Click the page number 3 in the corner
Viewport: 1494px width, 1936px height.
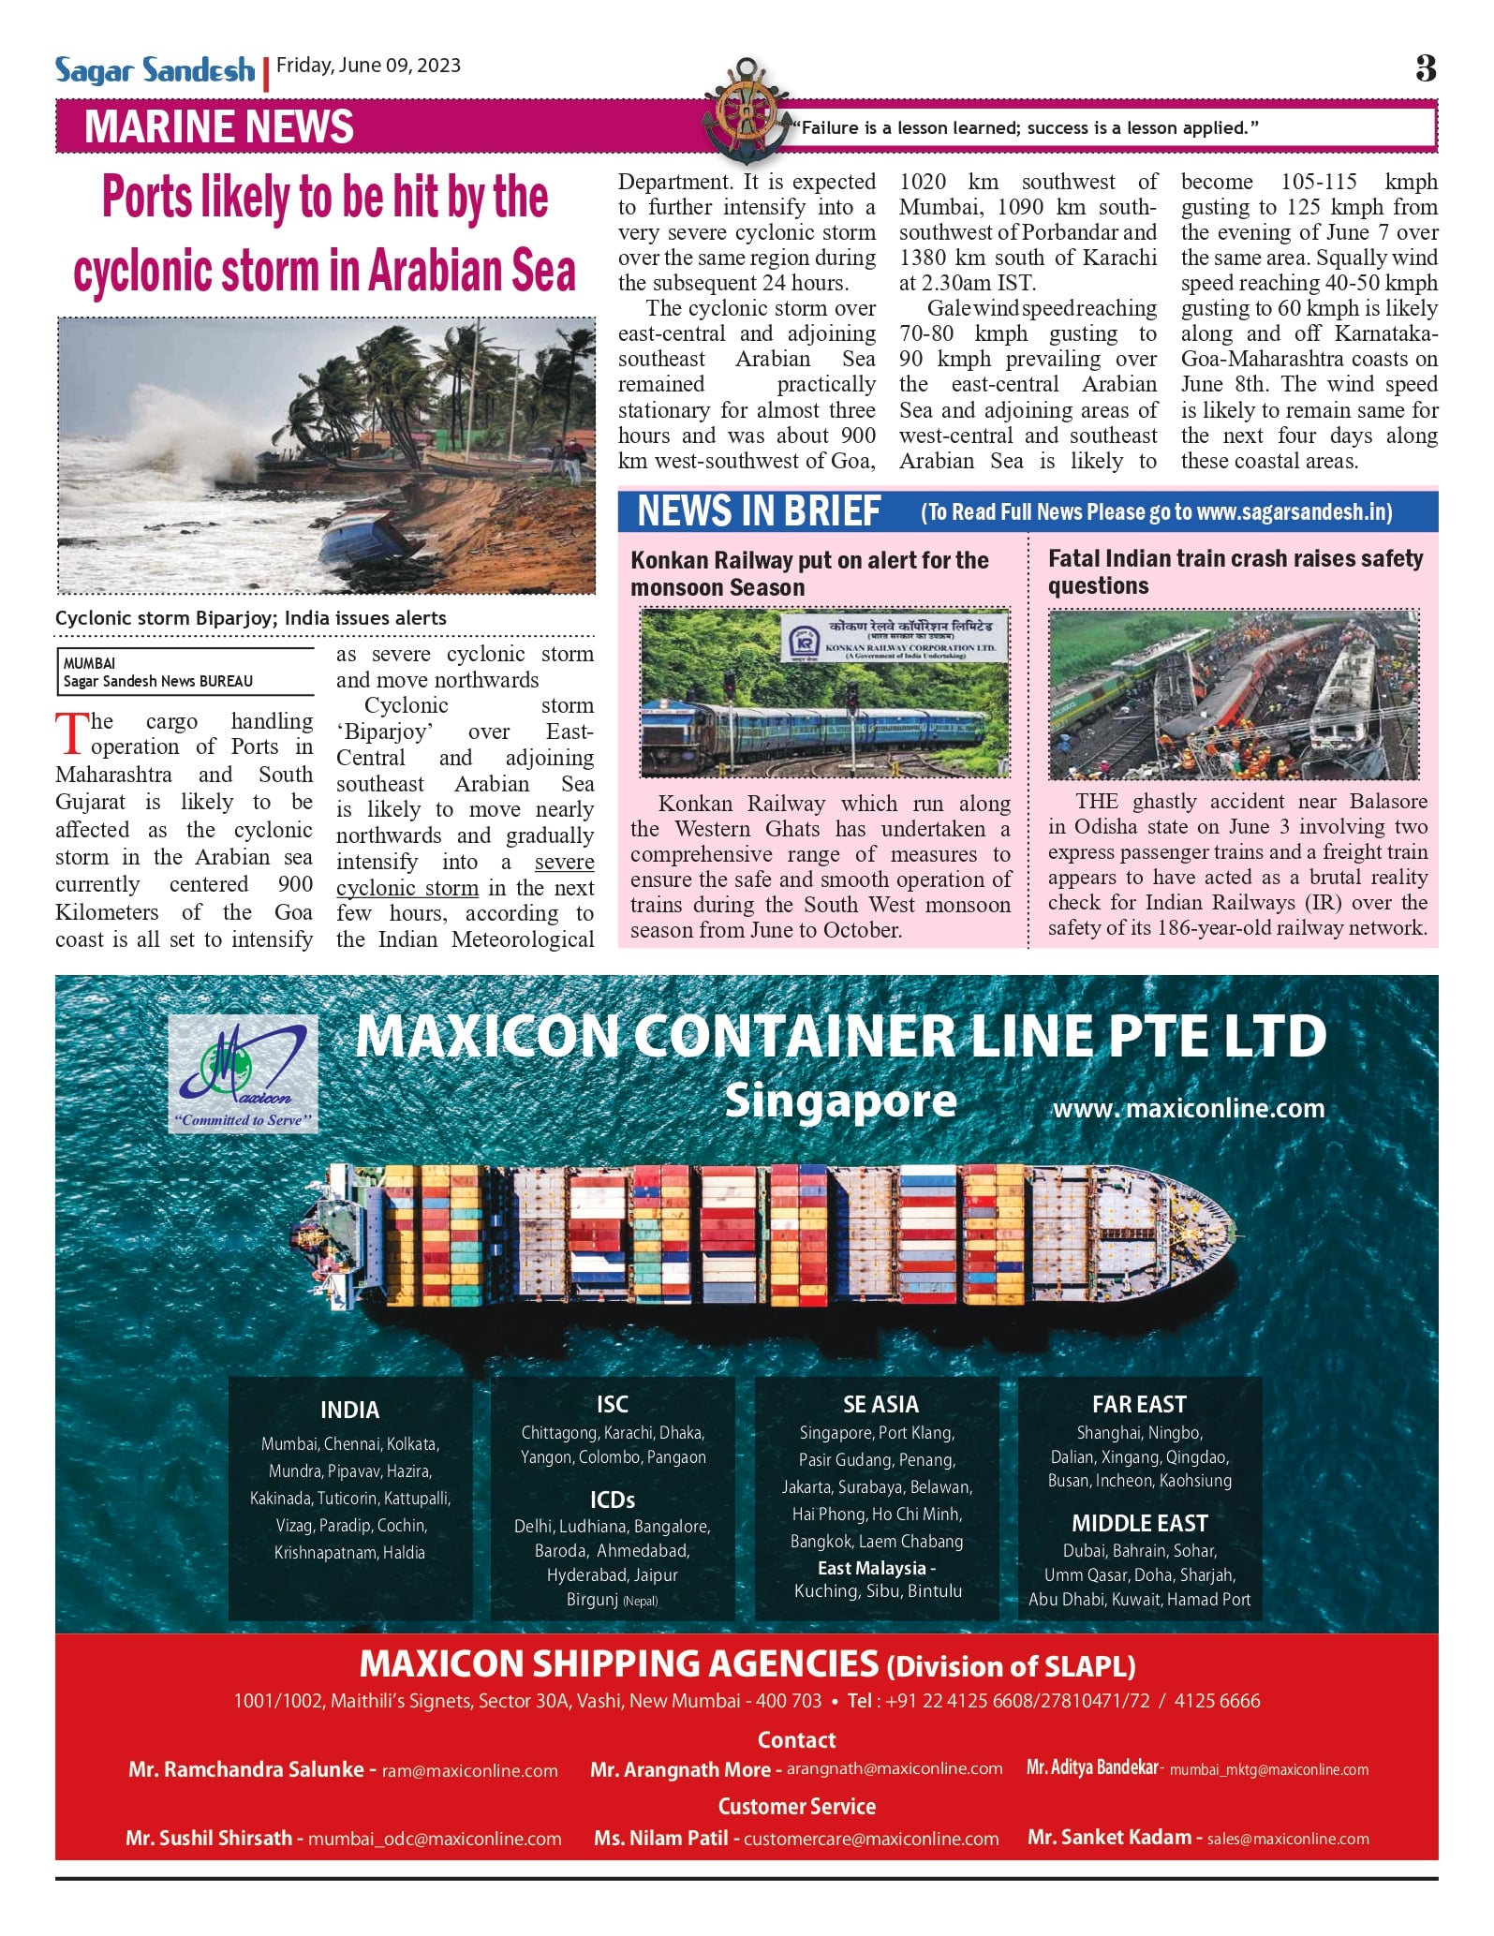[x=1425, y=68]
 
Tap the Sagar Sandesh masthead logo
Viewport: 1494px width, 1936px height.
[x=155, y=70]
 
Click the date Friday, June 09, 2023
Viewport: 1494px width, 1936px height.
[x=368, y=66]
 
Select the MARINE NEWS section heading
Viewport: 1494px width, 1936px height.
[x=218, y=126]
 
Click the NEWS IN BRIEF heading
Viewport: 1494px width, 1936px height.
[x=758, y=511]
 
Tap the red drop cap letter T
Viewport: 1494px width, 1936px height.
[x=71, y=733]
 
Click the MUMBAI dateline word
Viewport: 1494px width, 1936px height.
[x=89, y=663]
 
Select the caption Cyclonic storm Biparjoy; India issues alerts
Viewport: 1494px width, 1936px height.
[x=250, y=618]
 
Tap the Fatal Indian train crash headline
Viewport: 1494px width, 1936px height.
[x=1235, y=571]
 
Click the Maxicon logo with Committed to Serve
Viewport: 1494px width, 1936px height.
[x=243, y=1075]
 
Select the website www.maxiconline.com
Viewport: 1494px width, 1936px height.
[x=1189, y=1109]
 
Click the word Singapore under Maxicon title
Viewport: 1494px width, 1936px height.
[x=840, y=1101]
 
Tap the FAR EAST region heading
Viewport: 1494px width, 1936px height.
[x=1139, y=1404]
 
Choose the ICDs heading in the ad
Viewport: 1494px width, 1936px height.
[x=613, y=1500]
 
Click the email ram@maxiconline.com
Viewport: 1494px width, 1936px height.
[x=469, y=1771]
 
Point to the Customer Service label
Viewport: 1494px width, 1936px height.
[x=796, y=1806]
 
